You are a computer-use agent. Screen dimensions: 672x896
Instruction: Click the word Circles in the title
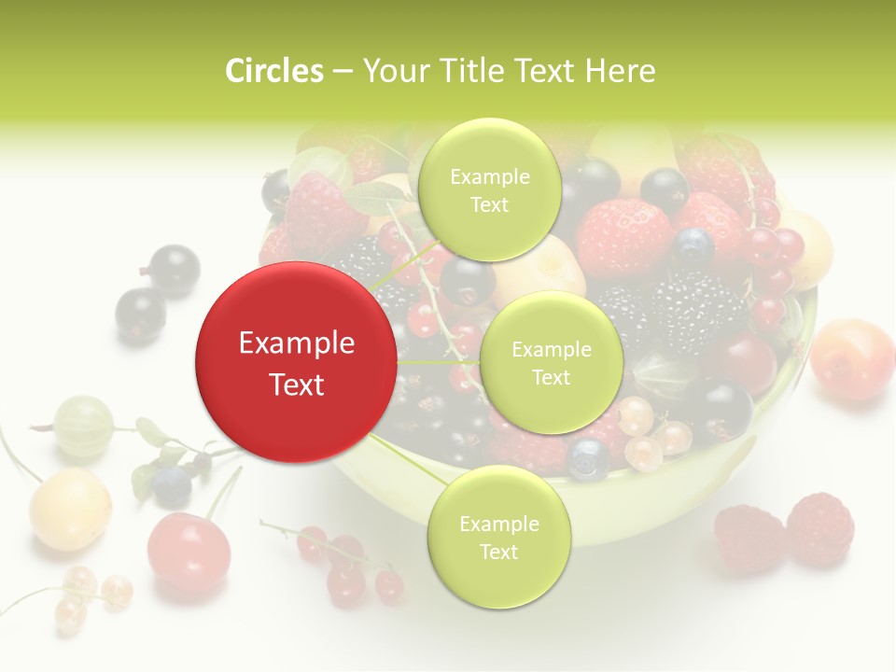click(x=274, y=71)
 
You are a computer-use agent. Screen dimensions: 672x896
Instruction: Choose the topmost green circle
click(x=489, y=190)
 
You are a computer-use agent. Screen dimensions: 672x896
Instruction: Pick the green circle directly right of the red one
click(x=551, y=363)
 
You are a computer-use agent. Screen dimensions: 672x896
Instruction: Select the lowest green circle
click(x=498, y=538)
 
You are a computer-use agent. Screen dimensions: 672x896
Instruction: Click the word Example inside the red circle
click(x=297, y=343)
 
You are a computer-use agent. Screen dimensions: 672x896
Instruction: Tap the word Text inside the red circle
click(x=297, y=385)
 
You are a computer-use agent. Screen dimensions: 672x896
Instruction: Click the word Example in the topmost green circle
click(x=490, y=177)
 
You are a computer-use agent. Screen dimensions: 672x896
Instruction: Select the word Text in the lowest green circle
click(x=498, y=552)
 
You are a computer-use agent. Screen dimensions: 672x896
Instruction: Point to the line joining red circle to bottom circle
click(x=411, y=462)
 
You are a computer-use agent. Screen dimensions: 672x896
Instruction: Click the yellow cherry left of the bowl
click(x=70, y=509)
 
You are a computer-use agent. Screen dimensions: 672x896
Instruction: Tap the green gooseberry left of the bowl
click(x=84, y=427)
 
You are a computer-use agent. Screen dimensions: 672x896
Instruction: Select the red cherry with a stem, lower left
click(x=189, y=552)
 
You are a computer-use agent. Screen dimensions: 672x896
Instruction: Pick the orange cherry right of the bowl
click(x=851, y=359)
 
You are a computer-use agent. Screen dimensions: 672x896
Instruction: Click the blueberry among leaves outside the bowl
click(x=172, y=485)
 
